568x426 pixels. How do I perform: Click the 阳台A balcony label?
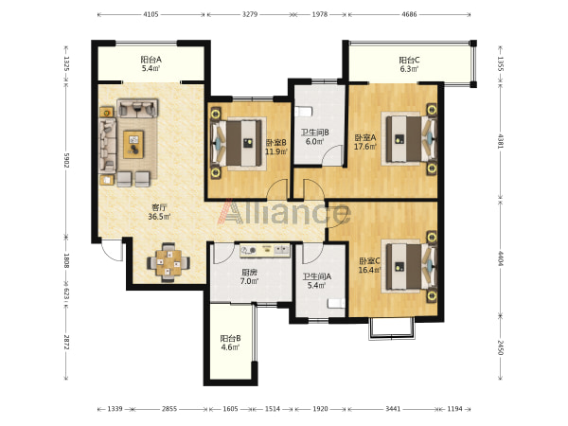(151, 63)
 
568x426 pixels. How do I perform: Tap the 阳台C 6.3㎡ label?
(409, 64)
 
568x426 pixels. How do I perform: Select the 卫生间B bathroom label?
(314, 136)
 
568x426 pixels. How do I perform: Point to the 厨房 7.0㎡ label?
(249, 276)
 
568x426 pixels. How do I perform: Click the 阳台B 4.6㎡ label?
(230, 343)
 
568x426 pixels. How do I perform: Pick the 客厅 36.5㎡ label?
(159, 212)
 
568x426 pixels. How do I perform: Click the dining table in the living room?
(169, 262)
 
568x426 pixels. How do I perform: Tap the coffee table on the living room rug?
(133, 145)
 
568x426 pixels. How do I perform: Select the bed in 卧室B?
(239, 144)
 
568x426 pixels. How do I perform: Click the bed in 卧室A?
(409, 139)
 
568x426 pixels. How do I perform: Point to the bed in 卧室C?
(409, 266)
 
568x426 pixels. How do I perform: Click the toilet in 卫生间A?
(336, 303)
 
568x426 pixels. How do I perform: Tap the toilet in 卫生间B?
(303, 111)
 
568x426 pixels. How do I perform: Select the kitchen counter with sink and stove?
(265, 250)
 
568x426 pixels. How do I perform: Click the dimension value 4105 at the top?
(151, 14)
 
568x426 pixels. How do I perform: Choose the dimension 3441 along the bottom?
(393, 409)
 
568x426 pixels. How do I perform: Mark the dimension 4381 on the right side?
(500, 141)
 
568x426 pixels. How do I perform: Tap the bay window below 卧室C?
(391, 328)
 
